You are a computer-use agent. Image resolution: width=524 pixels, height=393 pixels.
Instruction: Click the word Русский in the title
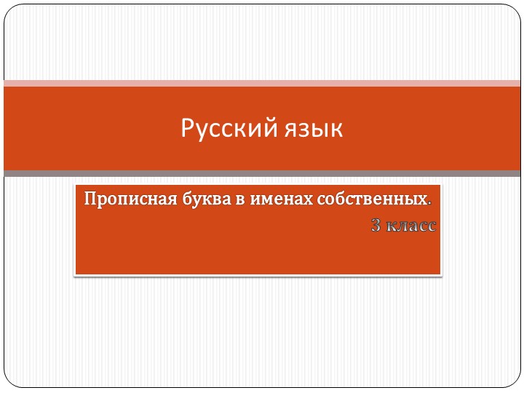[226, 129]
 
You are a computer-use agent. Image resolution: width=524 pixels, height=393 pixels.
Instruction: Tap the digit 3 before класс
[376, 226]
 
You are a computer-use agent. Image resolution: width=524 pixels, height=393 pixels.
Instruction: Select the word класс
[412, 226]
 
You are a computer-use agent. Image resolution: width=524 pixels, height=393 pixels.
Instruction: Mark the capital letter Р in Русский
[186, 129]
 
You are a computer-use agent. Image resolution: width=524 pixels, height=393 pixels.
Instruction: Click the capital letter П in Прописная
[90, 198]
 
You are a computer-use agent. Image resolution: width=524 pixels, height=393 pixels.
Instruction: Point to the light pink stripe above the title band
[262, 83]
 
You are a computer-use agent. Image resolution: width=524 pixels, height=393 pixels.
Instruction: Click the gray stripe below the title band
[262, 173]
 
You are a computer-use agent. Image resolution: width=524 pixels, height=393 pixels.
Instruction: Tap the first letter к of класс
[392, 227]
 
